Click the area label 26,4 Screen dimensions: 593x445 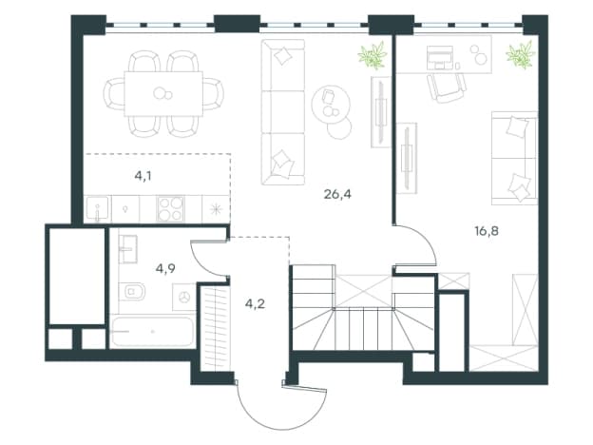click(x=337, y=195)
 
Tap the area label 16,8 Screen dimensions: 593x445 click(x=487, y=231)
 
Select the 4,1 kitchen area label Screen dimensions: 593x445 click(x=143, y=176)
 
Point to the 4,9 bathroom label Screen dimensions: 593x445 click(x=165, y=269)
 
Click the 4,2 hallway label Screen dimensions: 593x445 click(x=255, y=304)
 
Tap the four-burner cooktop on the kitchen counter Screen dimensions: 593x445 click(x=170, y=209)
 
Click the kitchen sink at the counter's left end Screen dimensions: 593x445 click(x=98, y=208)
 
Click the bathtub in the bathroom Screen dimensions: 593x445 click(x=153, y=332)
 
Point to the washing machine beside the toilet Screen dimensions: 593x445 click(x=184, y=298)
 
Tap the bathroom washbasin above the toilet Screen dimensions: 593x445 click(x=128, y=249)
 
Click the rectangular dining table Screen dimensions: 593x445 click(x=163, y=93)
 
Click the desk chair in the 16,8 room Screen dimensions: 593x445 click(x=447, y=87)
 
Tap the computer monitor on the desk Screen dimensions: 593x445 click(x=440, y=57)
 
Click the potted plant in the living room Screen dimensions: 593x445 click(x=373, y=55)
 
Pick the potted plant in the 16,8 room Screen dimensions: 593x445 click(x=521, y=55)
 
